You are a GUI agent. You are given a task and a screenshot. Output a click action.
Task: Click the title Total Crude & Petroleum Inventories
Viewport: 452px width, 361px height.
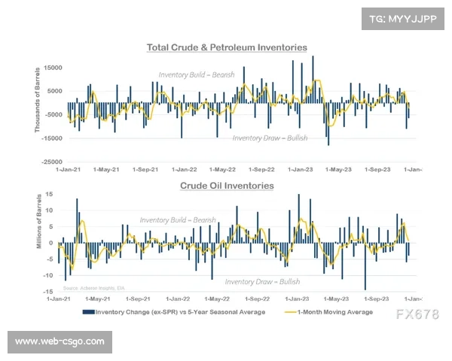(x=226, y=47)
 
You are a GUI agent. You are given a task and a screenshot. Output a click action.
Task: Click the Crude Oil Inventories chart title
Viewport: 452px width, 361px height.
(x=226, y=185)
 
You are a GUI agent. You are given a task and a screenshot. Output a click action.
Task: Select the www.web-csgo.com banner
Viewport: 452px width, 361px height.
(x=60, y=341)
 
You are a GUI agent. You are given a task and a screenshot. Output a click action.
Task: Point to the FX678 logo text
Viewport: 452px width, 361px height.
(x=417, y=314)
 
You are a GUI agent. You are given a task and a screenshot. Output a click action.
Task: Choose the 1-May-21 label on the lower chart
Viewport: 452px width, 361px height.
(x=107, y=299)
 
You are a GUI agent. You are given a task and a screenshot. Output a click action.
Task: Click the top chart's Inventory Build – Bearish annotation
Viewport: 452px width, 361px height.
(x=197, y=75)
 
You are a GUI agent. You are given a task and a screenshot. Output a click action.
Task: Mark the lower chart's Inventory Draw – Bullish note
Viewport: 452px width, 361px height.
(x=262, y=281)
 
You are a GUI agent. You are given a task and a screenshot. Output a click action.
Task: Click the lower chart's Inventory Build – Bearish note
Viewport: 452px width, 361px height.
(x=178, y=220)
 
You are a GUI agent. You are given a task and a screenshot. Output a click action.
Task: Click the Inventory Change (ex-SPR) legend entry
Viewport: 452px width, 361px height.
(x=175, y=312)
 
